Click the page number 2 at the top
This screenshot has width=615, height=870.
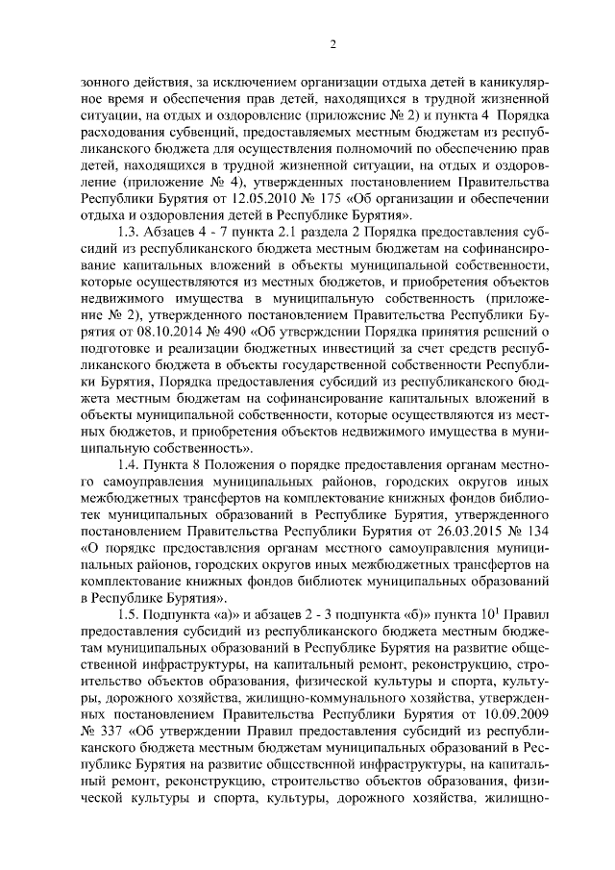[x=332, y=43]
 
